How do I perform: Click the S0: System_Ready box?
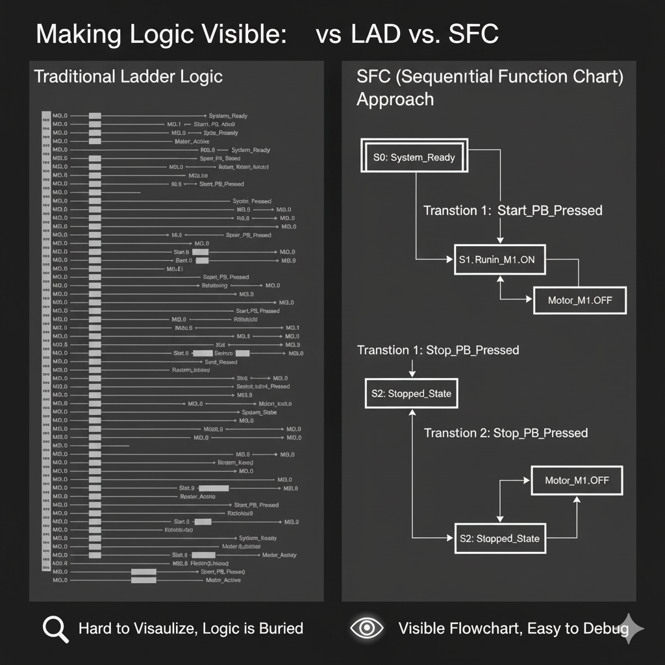point(414,157)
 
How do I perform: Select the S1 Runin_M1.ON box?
point(499,260)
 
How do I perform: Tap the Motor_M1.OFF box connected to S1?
point(579,301)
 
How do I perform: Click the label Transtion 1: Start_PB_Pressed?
point(512,210)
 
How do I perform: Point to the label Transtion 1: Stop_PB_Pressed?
point(438,350)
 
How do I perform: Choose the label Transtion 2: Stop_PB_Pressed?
point(505,433)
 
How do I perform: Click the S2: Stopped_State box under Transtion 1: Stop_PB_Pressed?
point(411,394)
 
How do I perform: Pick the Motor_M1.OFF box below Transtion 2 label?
point(577,481)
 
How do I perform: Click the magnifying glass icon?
point(55,629)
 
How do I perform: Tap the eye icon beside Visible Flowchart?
point(367,628)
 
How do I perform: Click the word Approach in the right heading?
point(395,99)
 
